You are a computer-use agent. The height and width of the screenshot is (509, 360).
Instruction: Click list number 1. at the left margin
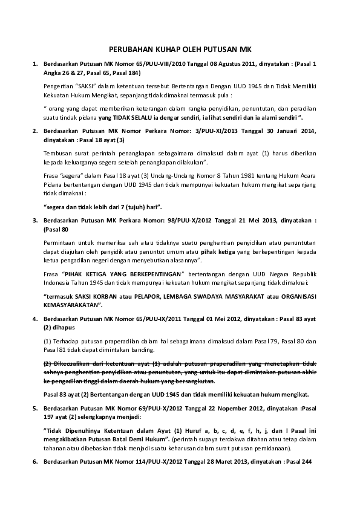point(35,63)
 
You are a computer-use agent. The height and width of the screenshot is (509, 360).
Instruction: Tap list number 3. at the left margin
point(35,221)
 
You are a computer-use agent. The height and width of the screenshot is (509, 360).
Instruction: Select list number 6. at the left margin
point(35,462)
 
